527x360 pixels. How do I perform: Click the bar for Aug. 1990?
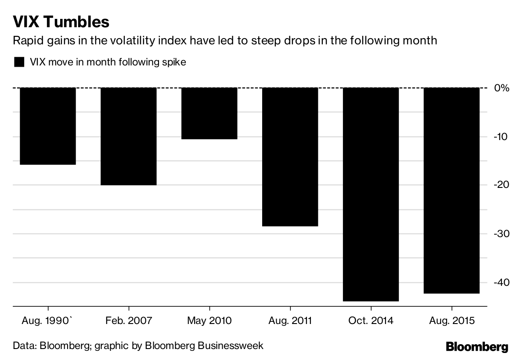pyautogui.click(x=48, y=126)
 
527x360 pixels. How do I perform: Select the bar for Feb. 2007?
pyautogui.click(x=129, y=136)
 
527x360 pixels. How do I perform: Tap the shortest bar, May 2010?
pyautogui.click(x=209, y=113)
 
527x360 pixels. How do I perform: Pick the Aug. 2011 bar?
pyautogui.click(x=290, y=157)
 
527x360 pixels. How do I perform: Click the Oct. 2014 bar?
pyautogui.click(x=371, y=194)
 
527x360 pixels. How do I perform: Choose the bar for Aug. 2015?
pyautogui.click(x=451, y=190)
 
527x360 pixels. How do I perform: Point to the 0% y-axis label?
pyautogui.click(x=501, y=88)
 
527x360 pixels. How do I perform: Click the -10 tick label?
pyautogui.click(x=501, y=137)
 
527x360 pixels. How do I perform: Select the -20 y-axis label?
pyautogui.click(x=501, y=185)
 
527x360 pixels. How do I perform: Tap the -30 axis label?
pyautogui.click(x=501, y=234)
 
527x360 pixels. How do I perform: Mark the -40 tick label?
pyautogui.click(x=501, y=282)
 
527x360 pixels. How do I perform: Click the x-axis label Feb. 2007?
pyautogui.click(x=129, y=321)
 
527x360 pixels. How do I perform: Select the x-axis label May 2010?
pyautogui.click(x=209, y=321)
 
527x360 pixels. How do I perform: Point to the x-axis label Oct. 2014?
pyautogui.click(x=371, y=321)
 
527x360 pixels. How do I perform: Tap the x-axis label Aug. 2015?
pyautogui.click(x=451, y=321)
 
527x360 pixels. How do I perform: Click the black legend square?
pyautogui.click(x=19, y=62)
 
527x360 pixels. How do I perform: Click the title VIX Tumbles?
pyautogui.click(x=61, y=22)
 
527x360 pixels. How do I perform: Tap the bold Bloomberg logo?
pyautogui.click(x=477, y=347)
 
